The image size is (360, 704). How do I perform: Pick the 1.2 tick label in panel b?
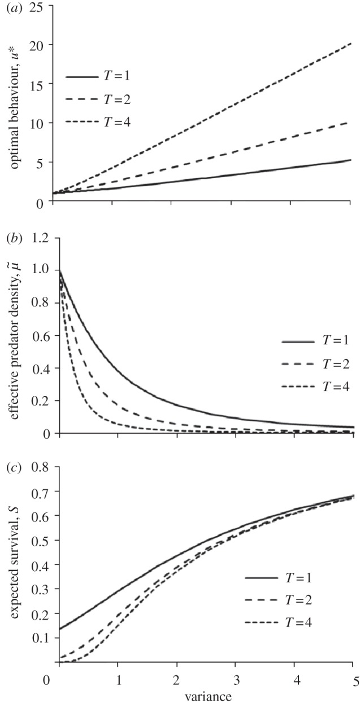(x=38, y=239)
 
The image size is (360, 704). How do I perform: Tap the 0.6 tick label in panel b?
(x=38, y=336)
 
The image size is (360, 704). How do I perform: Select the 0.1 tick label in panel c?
(x=38, y=637)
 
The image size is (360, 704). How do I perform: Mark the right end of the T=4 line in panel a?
(x=353, y=42)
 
